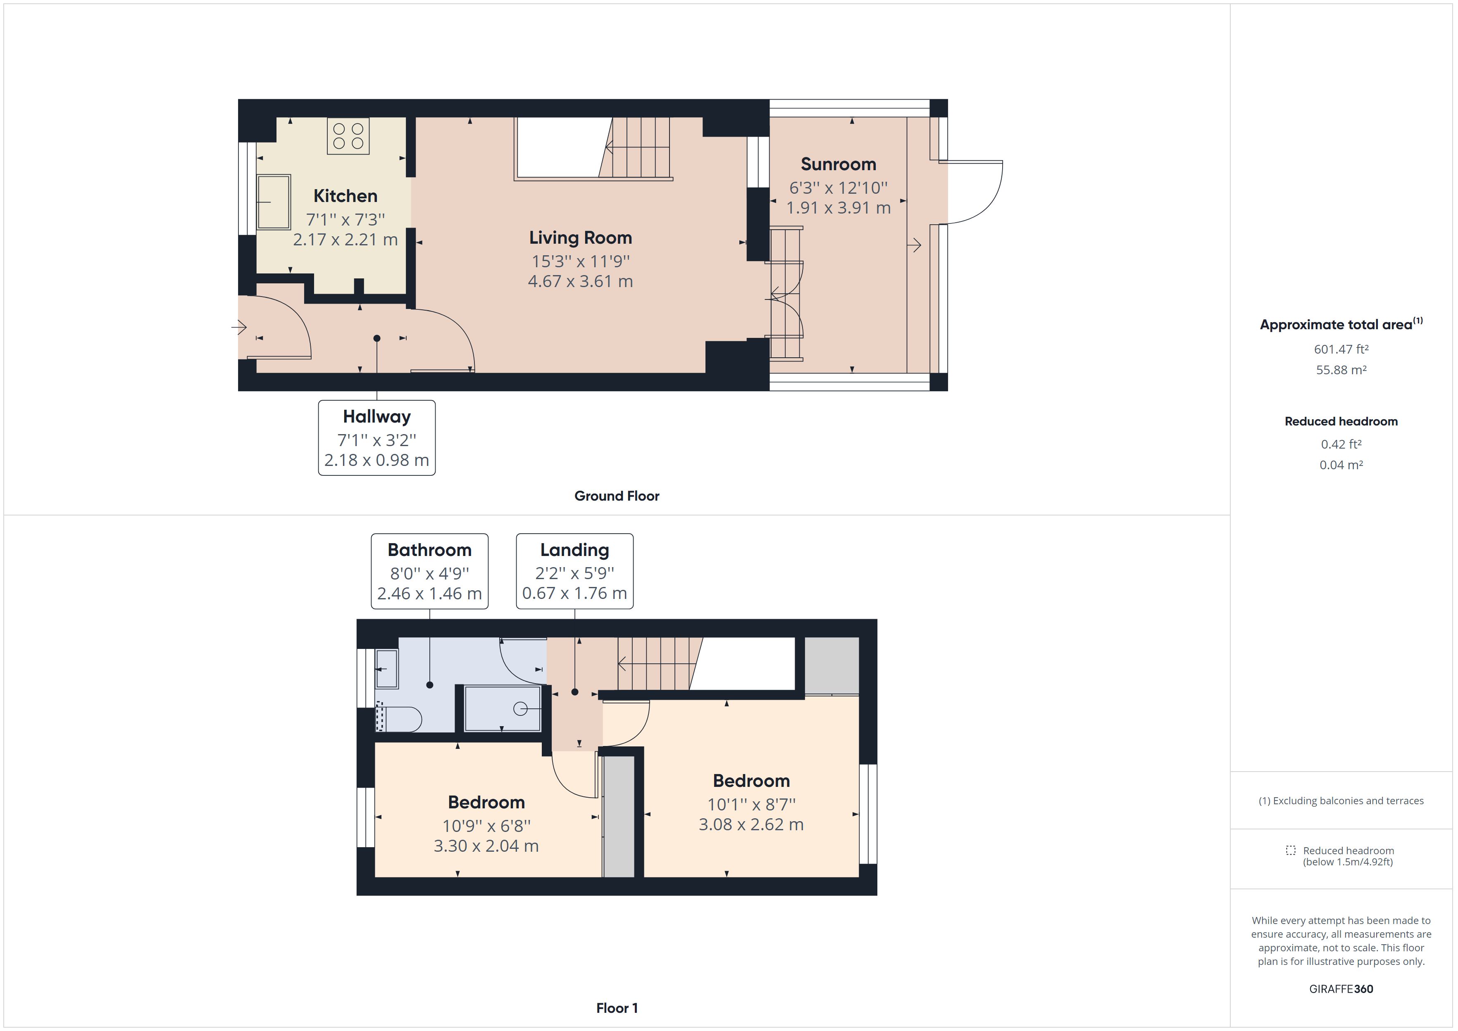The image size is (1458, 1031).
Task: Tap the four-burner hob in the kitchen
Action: click(x=348, y=136)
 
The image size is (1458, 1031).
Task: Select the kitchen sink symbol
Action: click(x=274, y=202)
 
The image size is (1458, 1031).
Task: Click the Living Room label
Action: click(x=580, y=238)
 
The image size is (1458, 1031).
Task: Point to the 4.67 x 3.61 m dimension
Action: click(x=580, y=281)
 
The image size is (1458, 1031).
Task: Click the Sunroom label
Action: click(x=838, y=164)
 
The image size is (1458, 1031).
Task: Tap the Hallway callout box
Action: click(x=376, y=437)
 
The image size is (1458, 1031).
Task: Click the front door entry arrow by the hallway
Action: click(x=239, y=328)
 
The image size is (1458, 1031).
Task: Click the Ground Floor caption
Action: click(x=617, y=496)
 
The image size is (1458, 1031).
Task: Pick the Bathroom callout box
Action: click(x=429, y=571)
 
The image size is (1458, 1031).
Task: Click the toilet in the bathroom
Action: click(x=400, y=719)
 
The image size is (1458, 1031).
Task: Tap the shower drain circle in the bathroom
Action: click(x=520, y=708)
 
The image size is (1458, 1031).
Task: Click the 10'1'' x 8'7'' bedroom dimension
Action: click(x=751, y=804)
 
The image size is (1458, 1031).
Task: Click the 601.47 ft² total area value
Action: click(x=1341, y=349)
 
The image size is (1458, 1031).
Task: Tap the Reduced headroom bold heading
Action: click(x=1341, y=422)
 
